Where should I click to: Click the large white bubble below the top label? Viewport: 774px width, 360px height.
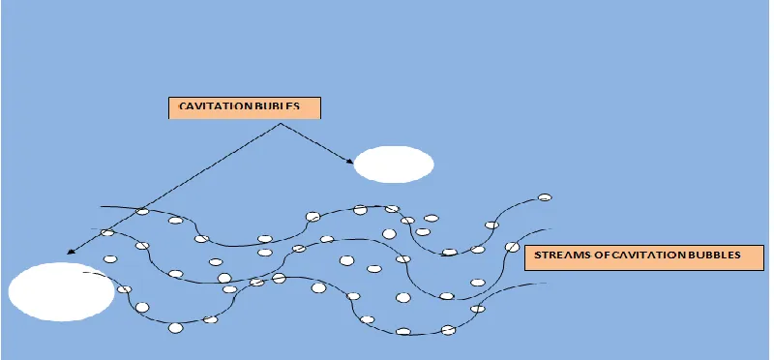click(394, 165)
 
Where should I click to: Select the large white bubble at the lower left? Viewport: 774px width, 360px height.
click(62, 292)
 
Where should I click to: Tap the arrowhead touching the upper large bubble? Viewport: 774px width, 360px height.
click(350, 161)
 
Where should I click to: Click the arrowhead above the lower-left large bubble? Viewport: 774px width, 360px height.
click(70, 252)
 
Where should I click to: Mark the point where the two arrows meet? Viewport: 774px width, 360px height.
click(281, 124)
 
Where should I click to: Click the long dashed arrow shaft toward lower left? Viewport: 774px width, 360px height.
click(174, 188)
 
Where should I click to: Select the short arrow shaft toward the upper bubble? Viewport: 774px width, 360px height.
click(316, 142)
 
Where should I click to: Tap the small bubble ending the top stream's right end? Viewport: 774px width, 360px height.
click(545, 197)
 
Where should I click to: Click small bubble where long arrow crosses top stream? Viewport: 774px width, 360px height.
click(142, 211)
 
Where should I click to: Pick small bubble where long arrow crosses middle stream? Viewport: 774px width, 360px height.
click(107, 232)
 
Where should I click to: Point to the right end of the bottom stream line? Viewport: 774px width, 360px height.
click(546, 283)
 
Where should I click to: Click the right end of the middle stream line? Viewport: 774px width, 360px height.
click(551, 229)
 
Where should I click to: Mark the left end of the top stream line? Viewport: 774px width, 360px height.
click(101, 206)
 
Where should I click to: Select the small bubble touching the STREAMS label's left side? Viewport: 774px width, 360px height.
click(513, 247)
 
